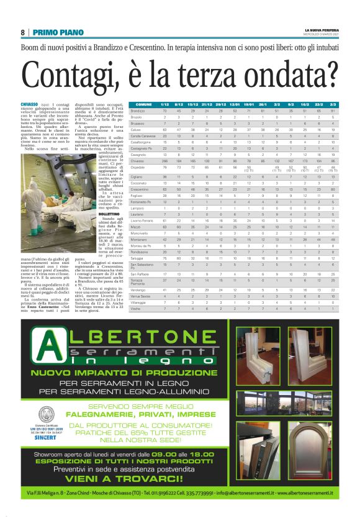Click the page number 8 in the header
click(22, 32)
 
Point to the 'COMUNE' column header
click(143, 104)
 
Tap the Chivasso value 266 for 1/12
click(164, 161)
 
